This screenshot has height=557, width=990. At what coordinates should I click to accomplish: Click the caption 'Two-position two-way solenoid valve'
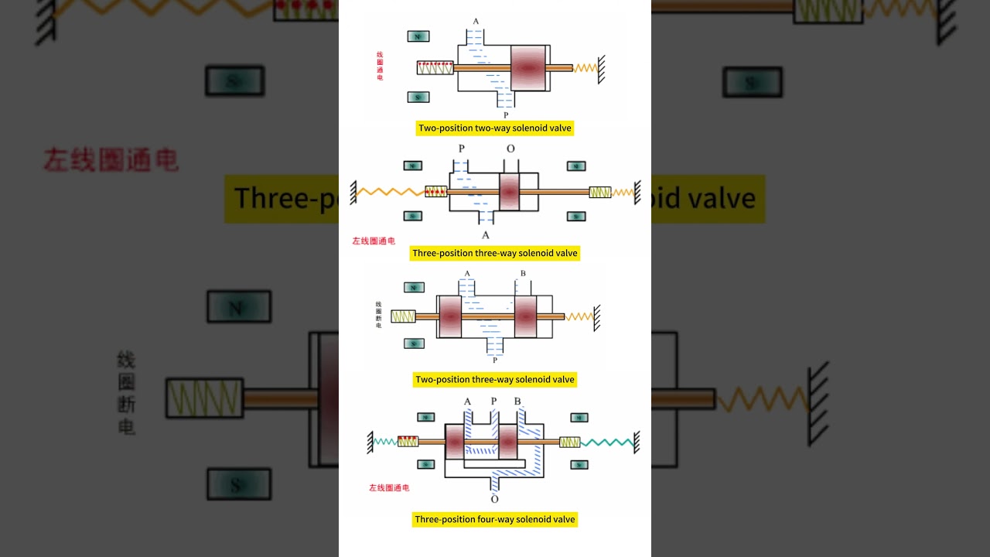pos(495,128)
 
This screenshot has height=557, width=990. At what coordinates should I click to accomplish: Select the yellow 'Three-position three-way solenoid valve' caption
pos(495,253)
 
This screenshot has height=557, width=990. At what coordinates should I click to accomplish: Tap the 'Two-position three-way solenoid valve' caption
pos(495,379)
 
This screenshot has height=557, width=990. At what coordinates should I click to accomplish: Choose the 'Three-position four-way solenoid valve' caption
pos(495,519)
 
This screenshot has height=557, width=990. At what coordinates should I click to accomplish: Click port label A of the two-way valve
pos(476,22)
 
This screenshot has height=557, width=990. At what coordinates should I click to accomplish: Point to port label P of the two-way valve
pos(506,115)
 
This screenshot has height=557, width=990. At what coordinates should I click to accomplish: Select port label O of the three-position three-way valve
pos(510,149)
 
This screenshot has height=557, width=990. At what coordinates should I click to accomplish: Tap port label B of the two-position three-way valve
pos(523,274)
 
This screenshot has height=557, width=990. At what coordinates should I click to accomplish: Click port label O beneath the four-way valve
pos(494,499)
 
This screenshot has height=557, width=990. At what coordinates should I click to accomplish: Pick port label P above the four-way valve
pos(493,401)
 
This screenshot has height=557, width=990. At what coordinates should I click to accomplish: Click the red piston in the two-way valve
pos(528,68)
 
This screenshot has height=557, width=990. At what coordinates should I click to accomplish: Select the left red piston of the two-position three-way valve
pos(450,316)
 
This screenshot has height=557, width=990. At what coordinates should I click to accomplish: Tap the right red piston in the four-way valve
pos(507,442)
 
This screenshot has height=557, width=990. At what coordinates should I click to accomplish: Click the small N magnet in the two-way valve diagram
pos(418,36)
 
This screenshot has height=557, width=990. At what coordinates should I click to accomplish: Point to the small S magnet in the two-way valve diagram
pos(418,97)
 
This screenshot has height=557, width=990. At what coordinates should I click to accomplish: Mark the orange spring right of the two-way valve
pos(585,68)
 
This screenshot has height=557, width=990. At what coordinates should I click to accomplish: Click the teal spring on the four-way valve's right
pos(607,443)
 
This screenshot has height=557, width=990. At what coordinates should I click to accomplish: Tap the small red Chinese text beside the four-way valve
pos(389,488)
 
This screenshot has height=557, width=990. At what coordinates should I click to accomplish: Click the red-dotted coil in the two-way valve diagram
pos(435,68)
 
